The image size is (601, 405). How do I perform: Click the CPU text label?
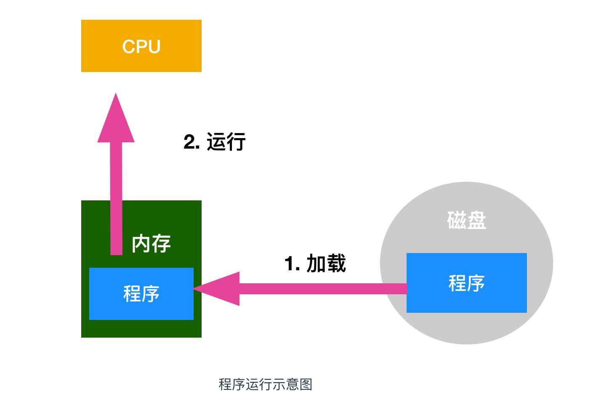(x=141, y=46)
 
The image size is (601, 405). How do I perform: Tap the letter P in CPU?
(x=141, y=46)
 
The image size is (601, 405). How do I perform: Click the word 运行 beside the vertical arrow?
(x=226, y=142)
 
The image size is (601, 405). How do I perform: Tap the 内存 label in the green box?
(x=151, y=244)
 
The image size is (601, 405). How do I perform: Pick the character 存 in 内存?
(x=161, y=244)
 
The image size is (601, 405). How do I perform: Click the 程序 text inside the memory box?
(x=141, y=293)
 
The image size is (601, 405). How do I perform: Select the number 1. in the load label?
(x=292, y=264)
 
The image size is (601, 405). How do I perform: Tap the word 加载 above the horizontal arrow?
(x=326, y=264)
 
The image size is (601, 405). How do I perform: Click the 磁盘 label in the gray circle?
(x=466, y=220)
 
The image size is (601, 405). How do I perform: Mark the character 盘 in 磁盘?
(x=476, y=220)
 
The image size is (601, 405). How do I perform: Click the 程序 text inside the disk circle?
(x=466, y=283)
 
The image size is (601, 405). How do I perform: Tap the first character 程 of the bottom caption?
(x=225, y=384)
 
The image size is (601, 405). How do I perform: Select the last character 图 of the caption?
(x=306, y=384)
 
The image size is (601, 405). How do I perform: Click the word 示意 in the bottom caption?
(x=286, y=384)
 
